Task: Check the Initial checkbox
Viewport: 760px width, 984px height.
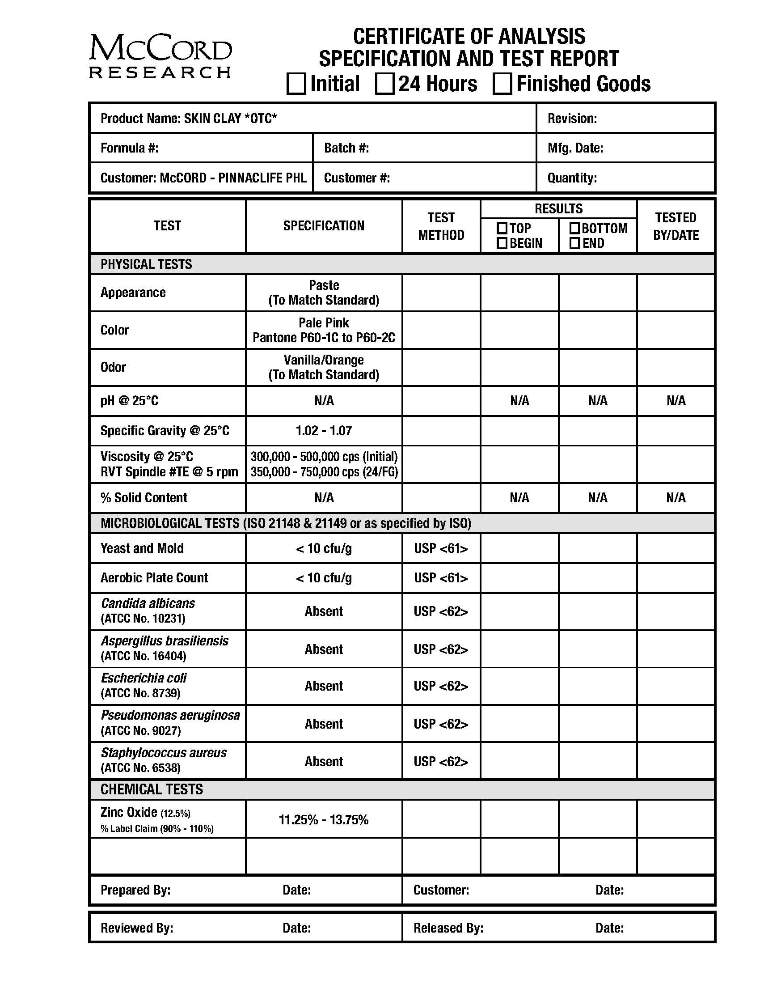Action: point(296,84)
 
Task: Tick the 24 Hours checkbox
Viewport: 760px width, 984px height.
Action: point(385,84)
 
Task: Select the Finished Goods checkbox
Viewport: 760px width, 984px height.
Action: point(502,84)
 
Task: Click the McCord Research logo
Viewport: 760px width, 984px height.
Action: point(160,56)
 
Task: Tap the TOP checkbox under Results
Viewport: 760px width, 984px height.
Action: point(502,228)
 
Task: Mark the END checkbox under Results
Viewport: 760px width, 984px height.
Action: point(574,243)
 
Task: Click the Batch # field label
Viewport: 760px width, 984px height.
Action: point(346,148)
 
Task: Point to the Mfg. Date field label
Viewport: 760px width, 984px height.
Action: point(575,148)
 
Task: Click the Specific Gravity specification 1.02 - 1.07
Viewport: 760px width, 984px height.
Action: point(324,431)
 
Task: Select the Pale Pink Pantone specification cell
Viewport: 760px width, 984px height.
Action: point(324,330)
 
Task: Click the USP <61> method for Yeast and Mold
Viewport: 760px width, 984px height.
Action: point(441,548)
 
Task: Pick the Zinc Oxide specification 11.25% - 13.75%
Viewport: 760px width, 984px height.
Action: point(324,819)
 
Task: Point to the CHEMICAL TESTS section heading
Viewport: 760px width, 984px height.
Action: point(152,789)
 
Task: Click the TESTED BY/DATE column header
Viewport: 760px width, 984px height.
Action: point(676,226)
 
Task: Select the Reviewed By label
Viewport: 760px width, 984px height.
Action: point(137,928)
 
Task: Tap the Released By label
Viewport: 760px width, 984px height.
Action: point(448,928)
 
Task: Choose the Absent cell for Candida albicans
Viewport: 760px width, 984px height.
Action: point(324,611)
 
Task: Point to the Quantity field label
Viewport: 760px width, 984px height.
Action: point(572,178)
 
